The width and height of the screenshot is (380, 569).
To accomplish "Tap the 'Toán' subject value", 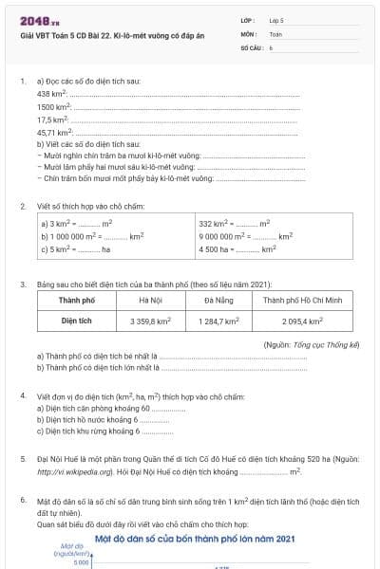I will pyautogui.click(x=275, y=32).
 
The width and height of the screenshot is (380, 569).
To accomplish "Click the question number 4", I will pyautogui.click(x=23, y=394).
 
